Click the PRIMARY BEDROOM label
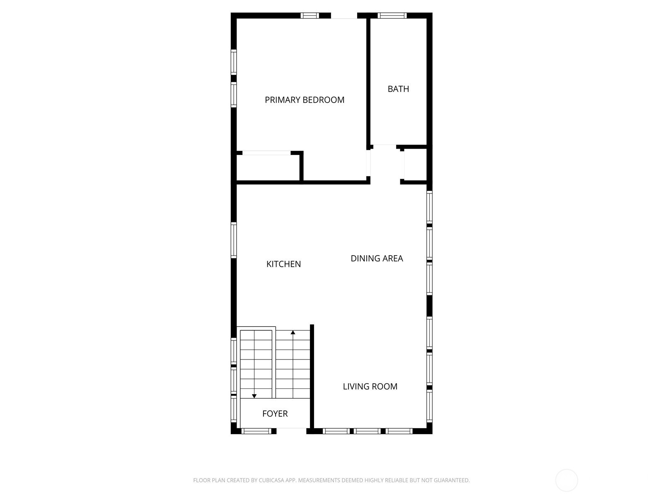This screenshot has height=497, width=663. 305,100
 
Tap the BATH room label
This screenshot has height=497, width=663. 398,89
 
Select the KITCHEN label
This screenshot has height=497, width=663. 283,264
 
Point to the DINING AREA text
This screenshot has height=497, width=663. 377,258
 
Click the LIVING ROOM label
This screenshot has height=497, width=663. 370,386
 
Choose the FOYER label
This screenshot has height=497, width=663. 275,413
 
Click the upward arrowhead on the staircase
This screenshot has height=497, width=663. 293,332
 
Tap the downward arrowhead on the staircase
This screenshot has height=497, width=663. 254,396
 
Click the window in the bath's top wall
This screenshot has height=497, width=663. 392,15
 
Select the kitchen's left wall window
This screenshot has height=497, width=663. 233,240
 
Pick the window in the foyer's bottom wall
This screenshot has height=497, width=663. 256,431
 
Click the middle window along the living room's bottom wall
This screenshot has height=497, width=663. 367,431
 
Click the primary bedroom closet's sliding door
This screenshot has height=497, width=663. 266,153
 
